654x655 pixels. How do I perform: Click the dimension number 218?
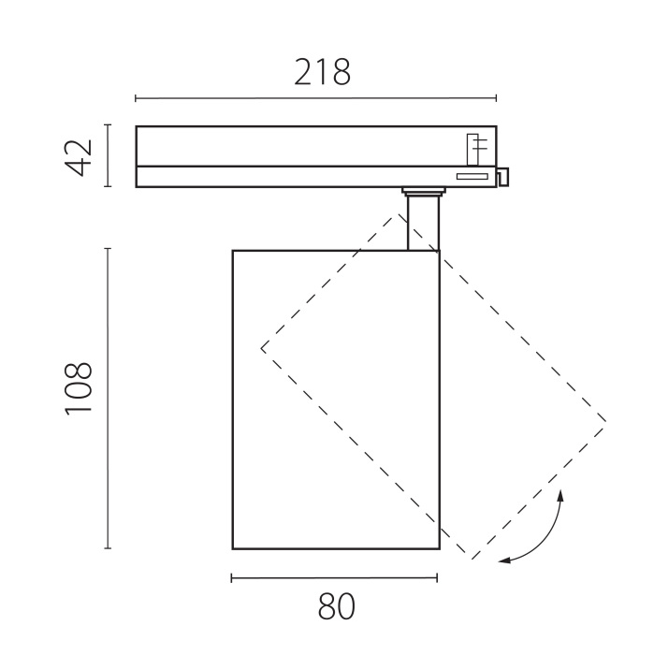pyautogui.click(x=323, y=72)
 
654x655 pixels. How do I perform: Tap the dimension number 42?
pyautogui.click(x=80, y=156)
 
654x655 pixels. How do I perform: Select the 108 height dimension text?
pyautogui.click(x=80, y=387)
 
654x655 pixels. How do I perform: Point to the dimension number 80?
pyautogui.click(x=337, y=607)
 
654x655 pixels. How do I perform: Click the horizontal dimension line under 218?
pyautogui.click(x=315, y=98)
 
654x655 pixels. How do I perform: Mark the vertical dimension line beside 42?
pyautogui.click(x=109, y=156)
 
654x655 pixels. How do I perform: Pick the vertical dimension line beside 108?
pyautogui.click(x=109, y=398)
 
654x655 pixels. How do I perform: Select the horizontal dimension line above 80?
pyautogui.click(x=334, y=577)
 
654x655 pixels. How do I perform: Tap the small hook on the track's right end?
pyautogui.click(x=503, y=176)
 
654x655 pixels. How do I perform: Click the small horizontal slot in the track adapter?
pyautogui.click(x=471, y=176)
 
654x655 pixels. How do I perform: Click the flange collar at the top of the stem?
pyautogui.click(x=423, y=192)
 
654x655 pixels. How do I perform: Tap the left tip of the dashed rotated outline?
pyautogui.click(x=262, y=348)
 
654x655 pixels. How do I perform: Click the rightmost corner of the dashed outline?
pyautogui.click(x=605, y=422)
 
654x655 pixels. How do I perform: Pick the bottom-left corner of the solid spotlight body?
pyautogui.click(x=233, y=548)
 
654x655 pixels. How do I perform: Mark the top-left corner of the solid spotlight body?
pyautogui.click(x=233, y=251)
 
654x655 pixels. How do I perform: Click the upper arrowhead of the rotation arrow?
pyautogui.click(x=560, y=494)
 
